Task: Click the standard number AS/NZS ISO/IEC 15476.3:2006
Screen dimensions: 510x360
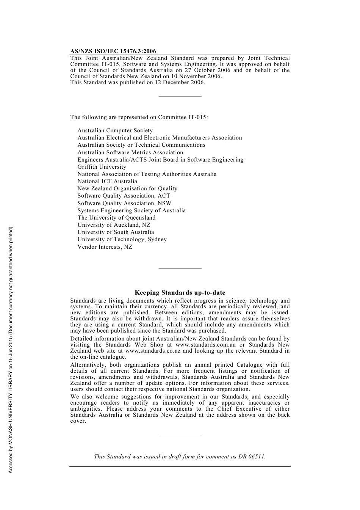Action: pyautogui.click(x=113, y=51)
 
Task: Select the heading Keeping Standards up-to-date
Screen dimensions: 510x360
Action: pyautogui.click(x=180, y=293)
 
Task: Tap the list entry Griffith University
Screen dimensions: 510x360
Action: pyautogui.click(x=102, y=167)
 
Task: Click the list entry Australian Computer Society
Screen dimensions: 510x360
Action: pyautogui.click(x=115, y=130)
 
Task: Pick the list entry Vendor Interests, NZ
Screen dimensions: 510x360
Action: pyautogui.click(x=105, y=247)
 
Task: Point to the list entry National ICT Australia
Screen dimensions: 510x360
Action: pyautogui.click(x=107, y=181)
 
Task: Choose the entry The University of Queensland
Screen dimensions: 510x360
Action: pyautogui.click(x=116, y=218)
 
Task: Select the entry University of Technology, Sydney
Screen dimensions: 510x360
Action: pyautogui.click(x=122, y=239)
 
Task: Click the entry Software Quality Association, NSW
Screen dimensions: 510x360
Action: pyautogui.click(x=124, y=203)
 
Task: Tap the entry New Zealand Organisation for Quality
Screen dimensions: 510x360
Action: pyautogui.click(x=127, y=188)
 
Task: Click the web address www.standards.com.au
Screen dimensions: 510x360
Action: pyautogui.click(x=205, y=345)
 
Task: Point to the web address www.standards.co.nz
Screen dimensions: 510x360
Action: pyautogui.click(x=153, y=351)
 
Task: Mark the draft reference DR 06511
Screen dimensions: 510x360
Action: pyautogui.click(x=252, y=457)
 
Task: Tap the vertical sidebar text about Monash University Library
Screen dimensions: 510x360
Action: pyautogui.click(x=11, y=350)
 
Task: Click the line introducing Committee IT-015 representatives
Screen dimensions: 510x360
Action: pyautogui.click(x=139, y=117)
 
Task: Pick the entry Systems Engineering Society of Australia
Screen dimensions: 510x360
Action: pyautogui.click(x=131, y=210)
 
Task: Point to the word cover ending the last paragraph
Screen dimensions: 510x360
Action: pyautogui.click(x=78, y=421)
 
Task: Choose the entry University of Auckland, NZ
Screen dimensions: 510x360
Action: pyautogui.click(x=114, y=225)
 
